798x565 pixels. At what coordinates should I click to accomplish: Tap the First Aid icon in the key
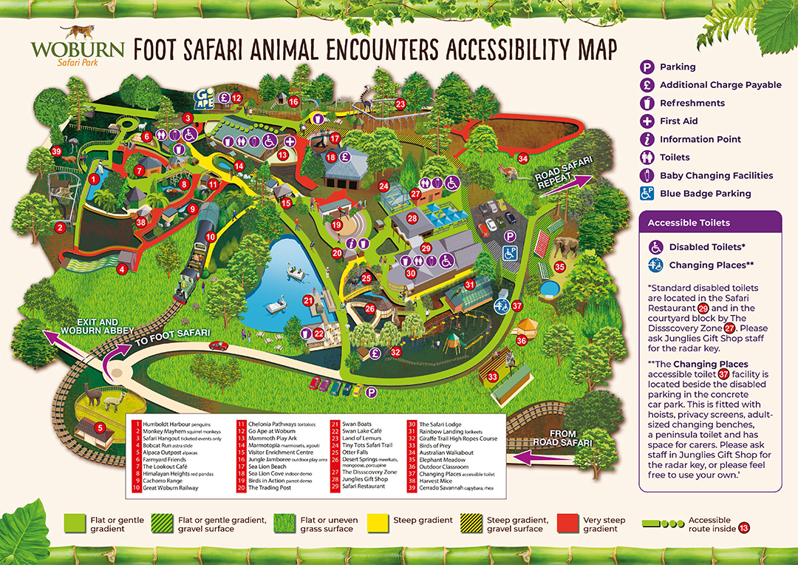click(647, 121)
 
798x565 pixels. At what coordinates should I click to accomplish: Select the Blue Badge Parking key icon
click(647, 194)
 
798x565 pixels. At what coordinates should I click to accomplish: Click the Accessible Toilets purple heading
click(689, 223)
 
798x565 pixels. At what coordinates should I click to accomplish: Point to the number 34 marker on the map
click(523, 158)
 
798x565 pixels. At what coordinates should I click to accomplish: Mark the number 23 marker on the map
click(400, 104)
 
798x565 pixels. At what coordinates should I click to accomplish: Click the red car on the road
click(219, 345)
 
